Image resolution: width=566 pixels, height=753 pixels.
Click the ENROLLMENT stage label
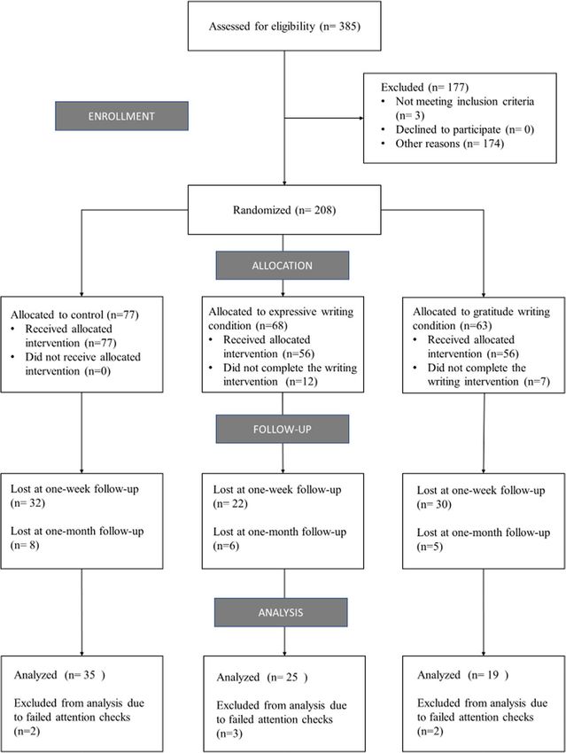(121, 116)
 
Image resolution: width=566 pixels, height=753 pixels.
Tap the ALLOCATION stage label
(283, 266)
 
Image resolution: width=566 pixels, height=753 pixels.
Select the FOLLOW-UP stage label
(283, 429)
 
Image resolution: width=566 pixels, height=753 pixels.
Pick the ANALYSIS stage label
(281, 612)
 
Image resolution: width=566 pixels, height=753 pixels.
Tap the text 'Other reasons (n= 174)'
(450, 144)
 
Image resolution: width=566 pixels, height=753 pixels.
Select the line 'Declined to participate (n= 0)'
(465, 129)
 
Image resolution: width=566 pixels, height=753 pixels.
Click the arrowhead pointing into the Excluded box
(361, 118)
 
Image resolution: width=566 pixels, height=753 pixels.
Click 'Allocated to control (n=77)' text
(75, 315)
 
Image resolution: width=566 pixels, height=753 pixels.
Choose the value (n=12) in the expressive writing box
(301, 382)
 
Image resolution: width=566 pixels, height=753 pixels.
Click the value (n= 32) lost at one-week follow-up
(27, 503)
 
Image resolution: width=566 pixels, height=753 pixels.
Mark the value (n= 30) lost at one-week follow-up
(434, 505)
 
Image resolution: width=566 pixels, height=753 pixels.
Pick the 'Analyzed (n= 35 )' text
(59, 675)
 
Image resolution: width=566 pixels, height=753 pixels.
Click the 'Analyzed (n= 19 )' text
(462, 675)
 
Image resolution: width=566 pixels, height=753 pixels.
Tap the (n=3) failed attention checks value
(229, 734)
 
